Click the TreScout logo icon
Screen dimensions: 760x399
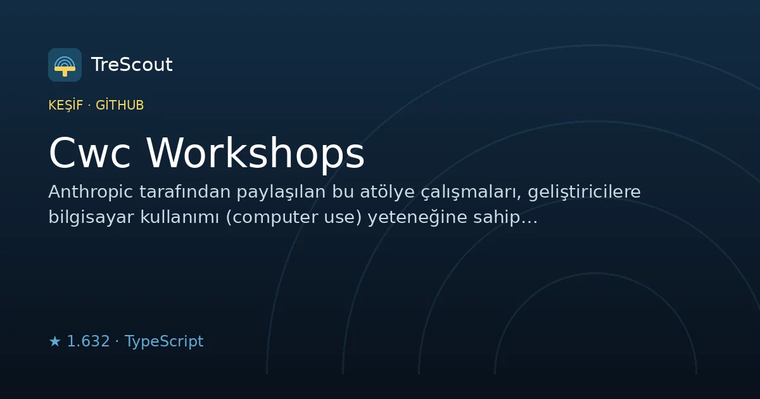point(65,65)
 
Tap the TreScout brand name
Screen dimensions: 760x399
point(132,65)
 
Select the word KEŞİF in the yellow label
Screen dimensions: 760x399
point(66,105)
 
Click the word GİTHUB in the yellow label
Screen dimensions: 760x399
point(120,105)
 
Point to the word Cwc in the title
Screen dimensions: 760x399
point(89,153)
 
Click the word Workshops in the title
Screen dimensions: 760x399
point(255,153)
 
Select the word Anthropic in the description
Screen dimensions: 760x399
point(91,192)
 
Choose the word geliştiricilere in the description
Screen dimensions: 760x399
point(584,193)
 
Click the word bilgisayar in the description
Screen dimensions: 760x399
point(91,217)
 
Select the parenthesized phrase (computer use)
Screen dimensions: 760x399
point(294,218)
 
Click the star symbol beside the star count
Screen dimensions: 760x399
point(54,341)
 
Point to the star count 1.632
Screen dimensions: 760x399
point(88,341)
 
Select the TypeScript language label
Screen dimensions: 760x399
point(164,341)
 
